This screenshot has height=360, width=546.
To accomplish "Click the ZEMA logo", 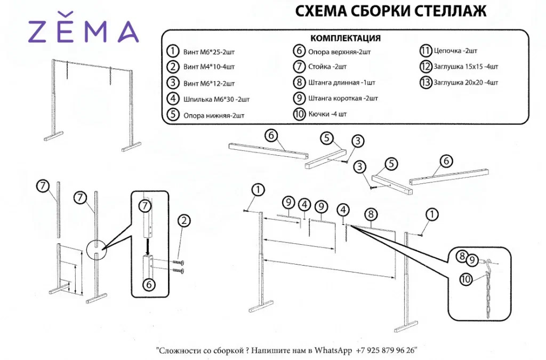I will point(84,31).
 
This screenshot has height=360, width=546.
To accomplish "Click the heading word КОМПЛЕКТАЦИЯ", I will point(345,38).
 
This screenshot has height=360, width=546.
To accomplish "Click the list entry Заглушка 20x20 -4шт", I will point(465,83).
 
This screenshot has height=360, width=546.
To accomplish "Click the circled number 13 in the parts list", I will point(425,83).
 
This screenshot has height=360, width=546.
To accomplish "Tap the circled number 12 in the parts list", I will point(425,67).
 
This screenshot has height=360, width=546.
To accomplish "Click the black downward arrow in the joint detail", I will point(148,243).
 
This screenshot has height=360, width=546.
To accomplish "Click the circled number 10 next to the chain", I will point(465,278).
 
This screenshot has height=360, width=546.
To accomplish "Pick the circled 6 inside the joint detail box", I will point(149,284).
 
